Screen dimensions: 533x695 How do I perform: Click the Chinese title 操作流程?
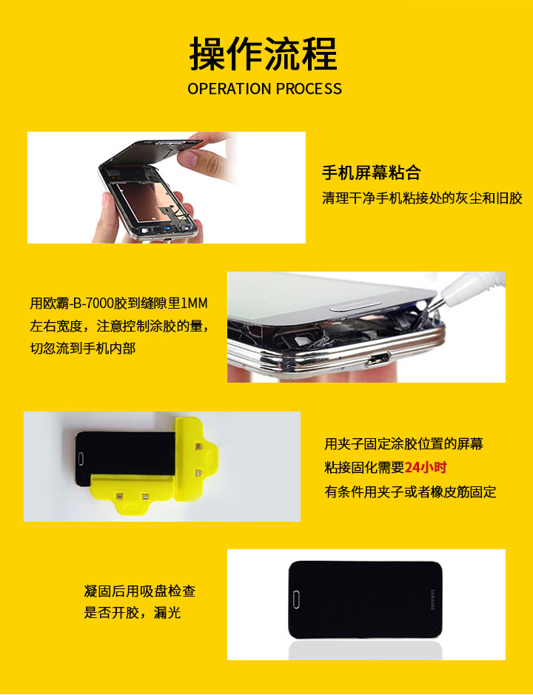point(264,53)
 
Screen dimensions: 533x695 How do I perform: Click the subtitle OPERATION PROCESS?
point(265,89)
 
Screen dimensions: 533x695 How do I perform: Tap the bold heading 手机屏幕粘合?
point(371,172)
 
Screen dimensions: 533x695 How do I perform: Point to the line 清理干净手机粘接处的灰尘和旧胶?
point(422,198)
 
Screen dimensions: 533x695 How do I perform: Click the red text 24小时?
point(426,467)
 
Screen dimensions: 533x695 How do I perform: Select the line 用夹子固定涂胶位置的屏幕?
point(403,443)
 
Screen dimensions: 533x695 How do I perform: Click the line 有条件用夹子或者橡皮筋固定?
point(410,491)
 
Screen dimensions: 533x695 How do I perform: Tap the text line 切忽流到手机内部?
point(82,349)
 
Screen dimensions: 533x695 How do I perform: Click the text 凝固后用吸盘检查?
point(140,591)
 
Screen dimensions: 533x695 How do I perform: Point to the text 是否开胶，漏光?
point(133,613)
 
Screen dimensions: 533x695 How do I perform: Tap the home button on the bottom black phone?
point(296,600)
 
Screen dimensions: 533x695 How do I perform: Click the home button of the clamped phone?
point(81,459)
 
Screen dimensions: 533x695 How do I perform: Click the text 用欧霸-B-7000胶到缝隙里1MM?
point(119,303)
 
